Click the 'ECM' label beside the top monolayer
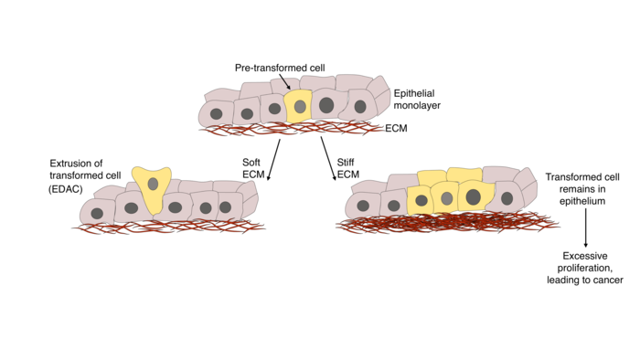pyautogui.click(x=397, y=128)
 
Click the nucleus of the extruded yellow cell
pyautogui.click(x=154, y=184)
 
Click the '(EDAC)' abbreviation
pyautogui.click(x=65, y=188)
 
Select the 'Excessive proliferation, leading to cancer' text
pyautogui.click(x=585, y=269)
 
